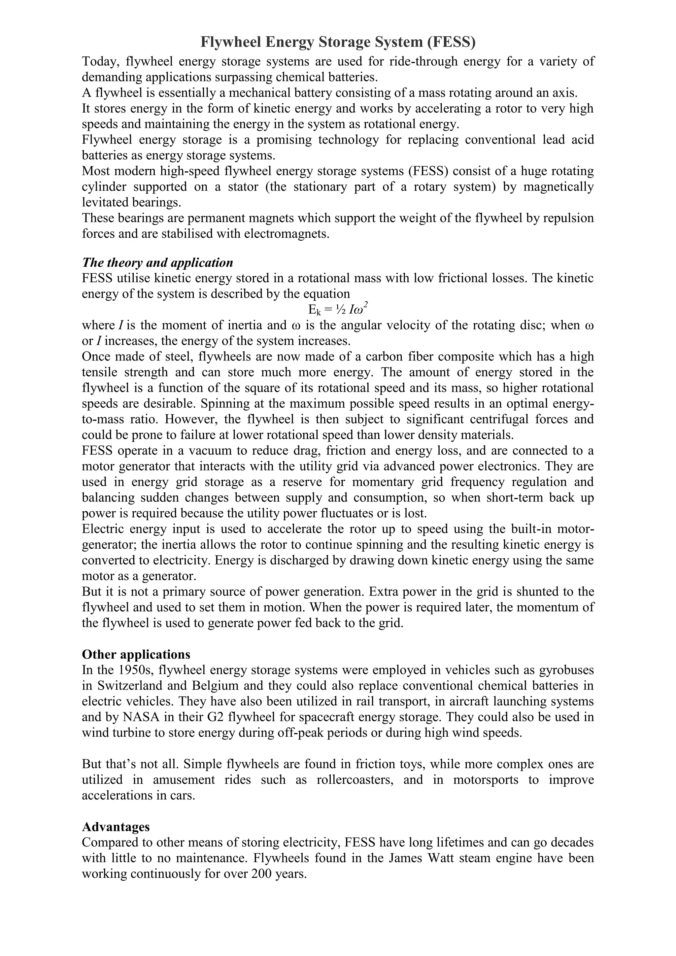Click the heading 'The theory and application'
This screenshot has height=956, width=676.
point(157,263)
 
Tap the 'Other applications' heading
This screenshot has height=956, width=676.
point(136,655)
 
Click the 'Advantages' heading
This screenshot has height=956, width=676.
point(116,827)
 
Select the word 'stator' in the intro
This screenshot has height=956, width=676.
point(243,187)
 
